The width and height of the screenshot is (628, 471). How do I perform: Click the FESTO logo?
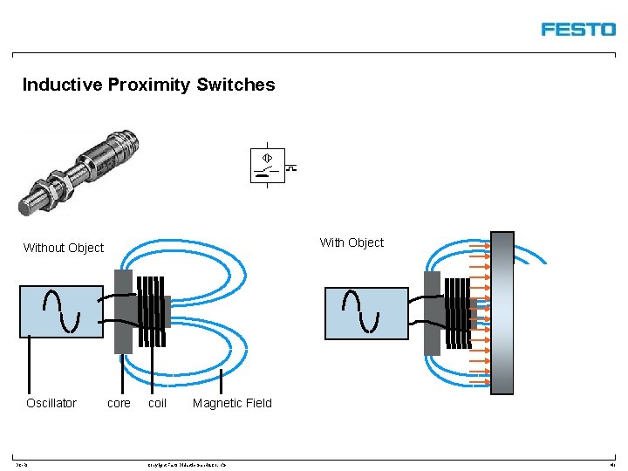pos(577,29)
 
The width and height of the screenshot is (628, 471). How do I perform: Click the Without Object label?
pos(63,248)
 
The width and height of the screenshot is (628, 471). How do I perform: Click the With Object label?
pos(352,242)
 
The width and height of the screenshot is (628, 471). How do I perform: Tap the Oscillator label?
pos(51,403)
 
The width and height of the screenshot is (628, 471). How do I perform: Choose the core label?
pos(119,403)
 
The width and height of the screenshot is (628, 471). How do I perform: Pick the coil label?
pos(157,403)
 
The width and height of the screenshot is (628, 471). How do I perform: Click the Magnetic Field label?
pos(232,403)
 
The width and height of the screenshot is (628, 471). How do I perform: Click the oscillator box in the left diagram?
pos(61,311)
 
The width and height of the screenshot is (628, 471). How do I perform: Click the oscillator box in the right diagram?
pos(366,313)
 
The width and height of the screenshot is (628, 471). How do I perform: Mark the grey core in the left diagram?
pos(123,311)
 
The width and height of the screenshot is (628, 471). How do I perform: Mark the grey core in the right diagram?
pos(432,313)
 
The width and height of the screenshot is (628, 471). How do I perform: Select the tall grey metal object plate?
pos(502,313)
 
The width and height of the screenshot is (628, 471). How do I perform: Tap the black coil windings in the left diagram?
pos(151,311)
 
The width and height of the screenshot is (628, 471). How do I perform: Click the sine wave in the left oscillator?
pos(61,311)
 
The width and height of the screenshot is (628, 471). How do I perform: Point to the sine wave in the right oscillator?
pos(361,312)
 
